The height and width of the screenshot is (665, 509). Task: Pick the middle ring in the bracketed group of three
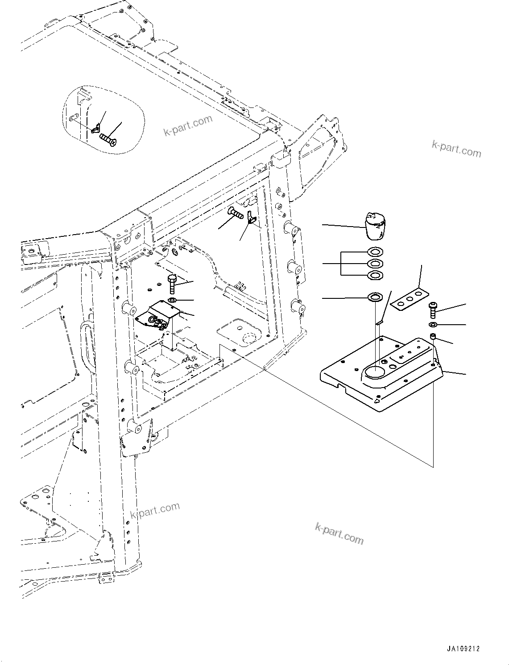click(x=375, y=264)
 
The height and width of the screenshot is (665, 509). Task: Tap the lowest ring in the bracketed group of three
click(x=375, y=275)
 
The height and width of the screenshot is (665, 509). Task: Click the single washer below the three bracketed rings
click(x=375, y=297)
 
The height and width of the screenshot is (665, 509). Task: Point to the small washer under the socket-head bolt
click(x=433, y=324)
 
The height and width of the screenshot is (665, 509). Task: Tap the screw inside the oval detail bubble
click(x=108, y=138)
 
